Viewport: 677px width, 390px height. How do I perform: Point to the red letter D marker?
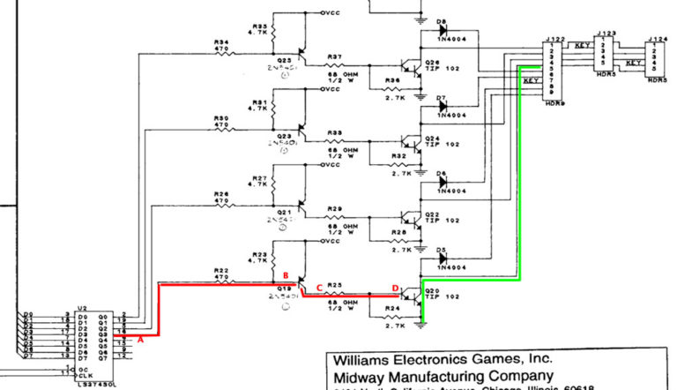pyautogui.click(x=394, y=287)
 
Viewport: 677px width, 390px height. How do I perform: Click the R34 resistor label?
pyautogui.click(x=221, y=41)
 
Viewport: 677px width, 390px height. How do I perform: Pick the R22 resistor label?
pyautogui.click(x=221, y=269)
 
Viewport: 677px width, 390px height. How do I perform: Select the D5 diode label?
pyautogui.click(x=442, y=250)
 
